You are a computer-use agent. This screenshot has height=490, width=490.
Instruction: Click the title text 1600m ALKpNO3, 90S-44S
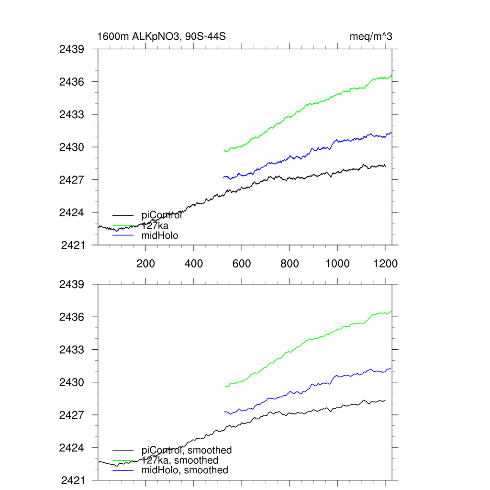162,36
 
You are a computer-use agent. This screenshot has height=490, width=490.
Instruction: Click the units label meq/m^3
371,36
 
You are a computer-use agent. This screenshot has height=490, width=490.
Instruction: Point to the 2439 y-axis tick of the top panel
72,49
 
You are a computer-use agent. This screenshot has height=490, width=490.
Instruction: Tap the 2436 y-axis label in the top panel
72,82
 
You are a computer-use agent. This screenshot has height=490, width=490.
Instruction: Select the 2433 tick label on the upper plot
72,114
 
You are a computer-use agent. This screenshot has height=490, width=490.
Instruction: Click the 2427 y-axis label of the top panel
72,180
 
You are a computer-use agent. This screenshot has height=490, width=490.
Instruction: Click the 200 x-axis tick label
145,264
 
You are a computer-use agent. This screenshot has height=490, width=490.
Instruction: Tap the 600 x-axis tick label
242,264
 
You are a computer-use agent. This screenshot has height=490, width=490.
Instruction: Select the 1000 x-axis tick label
338,264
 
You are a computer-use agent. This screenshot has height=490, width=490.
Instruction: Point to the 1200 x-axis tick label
386,264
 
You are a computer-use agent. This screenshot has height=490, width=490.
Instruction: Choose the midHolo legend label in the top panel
160,235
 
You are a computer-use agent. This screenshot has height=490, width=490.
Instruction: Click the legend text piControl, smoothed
187,450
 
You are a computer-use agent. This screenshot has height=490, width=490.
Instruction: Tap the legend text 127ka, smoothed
180,460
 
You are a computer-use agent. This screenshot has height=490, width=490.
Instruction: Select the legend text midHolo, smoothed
185,470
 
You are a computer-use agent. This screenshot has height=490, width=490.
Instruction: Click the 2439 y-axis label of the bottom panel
72,284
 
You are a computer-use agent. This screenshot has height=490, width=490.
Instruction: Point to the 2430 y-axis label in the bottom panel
72,382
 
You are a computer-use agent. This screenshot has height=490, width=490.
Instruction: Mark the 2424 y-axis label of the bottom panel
72,448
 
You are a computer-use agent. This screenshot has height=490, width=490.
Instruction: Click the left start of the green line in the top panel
224,151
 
